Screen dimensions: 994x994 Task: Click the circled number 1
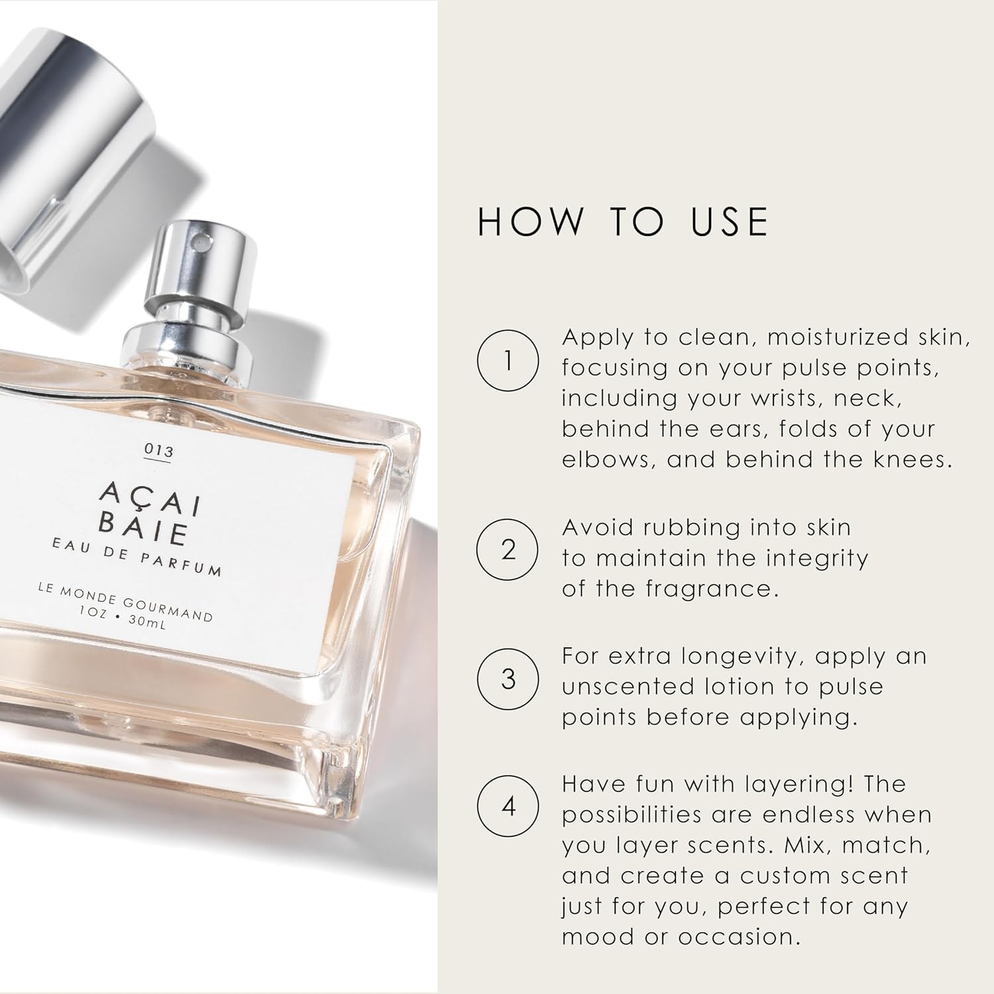coord(508,360)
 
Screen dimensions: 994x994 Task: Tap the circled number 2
coord(508,550)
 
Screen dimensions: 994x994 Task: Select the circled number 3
coord(508,679)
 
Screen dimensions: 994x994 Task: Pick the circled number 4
coord(508,806)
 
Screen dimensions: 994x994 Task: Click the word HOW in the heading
coord(529,222)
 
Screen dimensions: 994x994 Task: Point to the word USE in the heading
coord(729,222)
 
